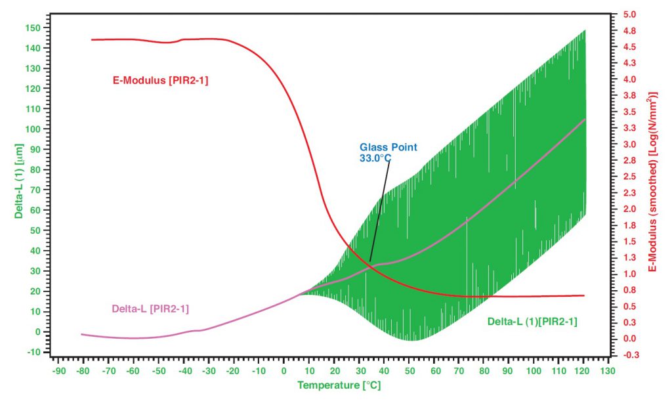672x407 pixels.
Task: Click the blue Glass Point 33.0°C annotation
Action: [x=388, y=152]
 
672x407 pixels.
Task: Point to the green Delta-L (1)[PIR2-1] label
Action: [x=532, y=322]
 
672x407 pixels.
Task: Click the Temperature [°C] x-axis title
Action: [x=339, y=385]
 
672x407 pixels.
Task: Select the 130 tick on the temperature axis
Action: [x=608, y=371]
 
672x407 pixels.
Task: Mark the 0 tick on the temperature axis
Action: [x=283, y=371]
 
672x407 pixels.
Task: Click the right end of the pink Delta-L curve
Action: [x=584, y=119]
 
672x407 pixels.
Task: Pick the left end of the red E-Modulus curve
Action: [x=92, y=40]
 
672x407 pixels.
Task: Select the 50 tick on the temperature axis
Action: [x=408, y=371]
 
